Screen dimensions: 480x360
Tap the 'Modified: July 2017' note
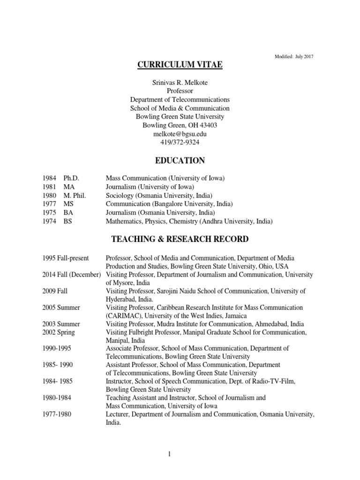294,57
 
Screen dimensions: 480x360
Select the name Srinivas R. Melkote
180,82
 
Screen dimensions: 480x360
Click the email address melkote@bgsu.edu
180,134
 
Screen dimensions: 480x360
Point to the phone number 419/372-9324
180,142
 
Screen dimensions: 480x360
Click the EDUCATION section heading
180,161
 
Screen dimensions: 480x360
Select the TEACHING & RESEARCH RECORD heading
180,240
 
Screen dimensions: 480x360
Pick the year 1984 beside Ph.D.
49,179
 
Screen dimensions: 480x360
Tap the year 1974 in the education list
49,221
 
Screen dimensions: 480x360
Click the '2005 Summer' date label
61,307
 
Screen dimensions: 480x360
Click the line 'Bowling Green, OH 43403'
180,125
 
